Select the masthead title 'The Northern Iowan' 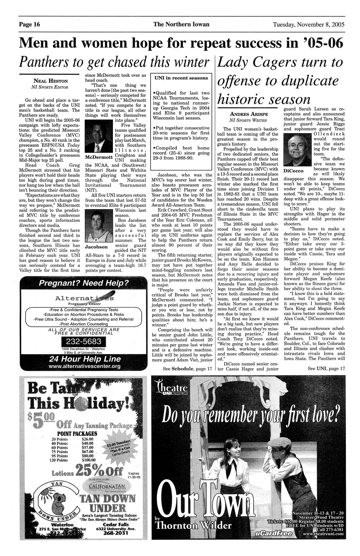pos(181,25)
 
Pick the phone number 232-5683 pos(83,342)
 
